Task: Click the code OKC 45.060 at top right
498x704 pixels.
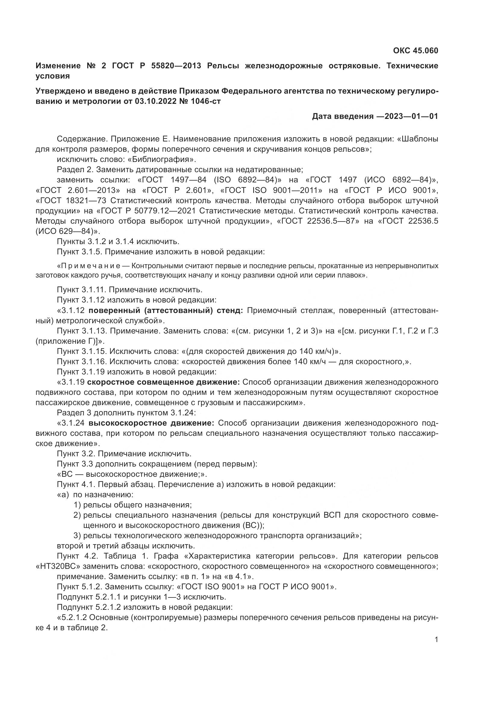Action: click(416, 51)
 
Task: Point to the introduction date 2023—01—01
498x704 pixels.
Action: click(411, 116)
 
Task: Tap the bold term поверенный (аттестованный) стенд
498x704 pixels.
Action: click(166, 311)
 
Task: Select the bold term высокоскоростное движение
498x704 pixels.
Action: click(151, 423)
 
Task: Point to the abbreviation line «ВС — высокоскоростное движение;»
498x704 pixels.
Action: click(132, 474)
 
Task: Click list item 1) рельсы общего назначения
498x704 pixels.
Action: click(132, 505)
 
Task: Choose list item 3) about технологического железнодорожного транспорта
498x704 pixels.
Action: click(218, 536)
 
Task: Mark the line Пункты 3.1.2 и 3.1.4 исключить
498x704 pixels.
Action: click(118, 242)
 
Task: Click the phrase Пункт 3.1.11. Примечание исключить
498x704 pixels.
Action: click(129, 290)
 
